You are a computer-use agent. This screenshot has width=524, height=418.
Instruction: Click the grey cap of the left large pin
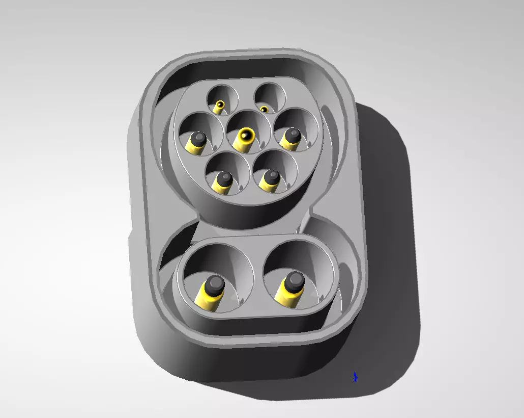click(215, 283)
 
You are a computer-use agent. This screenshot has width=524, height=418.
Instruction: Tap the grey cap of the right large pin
click(295, 280)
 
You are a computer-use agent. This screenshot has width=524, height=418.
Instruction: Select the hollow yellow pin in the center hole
click(247, 136)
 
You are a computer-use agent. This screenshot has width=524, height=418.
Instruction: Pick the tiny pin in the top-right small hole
click(264, 109)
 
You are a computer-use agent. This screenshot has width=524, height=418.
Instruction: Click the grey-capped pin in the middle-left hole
click(197, 139)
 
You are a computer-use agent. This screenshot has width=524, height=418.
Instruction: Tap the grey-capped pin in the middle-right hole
click(292, 135)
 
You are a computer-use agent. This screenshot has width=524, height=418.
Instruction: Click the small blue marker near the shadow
click(356, 377)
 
